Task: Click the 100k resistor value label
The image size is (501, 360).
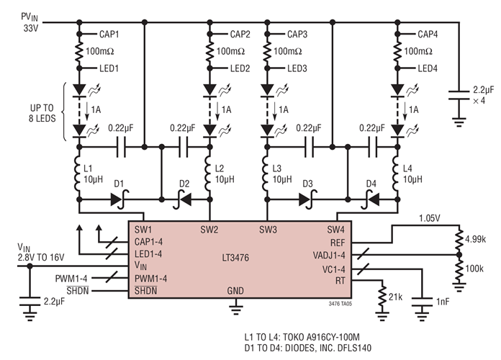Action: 475,268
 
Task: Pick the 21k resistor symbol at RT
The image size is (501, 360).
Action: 381,295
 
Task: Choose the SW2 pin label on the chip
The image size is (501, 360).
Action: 209,230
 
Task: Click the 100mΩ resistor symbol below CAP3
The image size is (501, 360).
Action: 267,52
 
